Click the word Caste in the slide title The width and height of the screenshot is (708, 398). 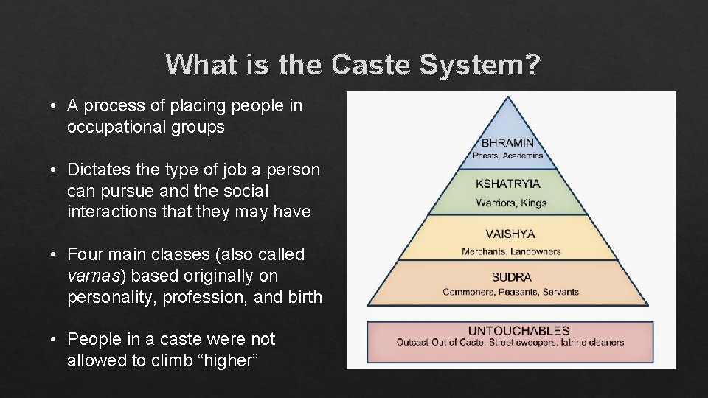(372, 65)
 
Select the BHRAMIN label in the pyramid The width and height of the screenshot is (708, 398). (507, 142)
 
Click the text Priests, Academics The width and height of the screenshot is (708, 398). (507, 156)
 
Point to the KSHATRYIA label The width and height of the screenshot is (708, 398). (507, 184)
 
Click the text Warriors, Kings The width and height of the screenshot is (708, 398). (510, 203)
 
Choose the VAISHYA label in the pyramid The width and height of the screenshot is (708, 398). (510, 234)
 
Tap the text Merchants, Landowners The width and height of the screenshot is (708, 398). (510, 251)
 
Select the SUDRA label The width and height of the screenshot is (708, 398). (510, 277)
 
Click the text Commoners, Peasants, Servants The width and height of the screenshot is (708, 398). (510, 292)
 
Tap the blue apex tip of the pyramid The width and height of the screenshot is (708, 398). (508, 100)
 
